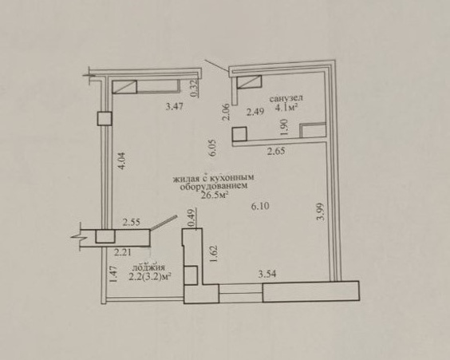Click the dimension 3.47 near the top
point(175,107)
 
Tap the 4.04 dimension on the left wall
point(122,161)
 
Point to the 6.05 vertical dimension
point(213,148)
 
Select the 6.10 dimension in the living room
point(260,206)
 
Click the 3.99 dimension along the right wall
point(320,212)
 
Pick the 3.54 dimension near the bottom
point(267,274)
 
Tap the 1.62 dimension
point(214,254)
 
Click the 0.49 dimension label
point(191,217)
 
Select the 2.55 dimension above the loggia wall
point(132,222)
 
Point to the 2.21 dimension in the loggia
point(123,252)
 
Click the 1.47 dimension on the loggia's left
point(114,274)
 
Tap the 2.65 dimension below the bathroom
point(276,151)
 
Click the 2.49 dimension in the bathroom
point(255,112)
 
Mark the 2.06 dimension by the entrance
point(227,112)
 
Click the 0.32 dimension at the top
point(195,89)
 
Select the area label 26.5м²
point(215,196)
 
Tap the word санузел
point(286,98)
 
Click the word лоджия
point(148,267)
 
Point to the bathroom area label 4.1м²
point(286,107)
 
